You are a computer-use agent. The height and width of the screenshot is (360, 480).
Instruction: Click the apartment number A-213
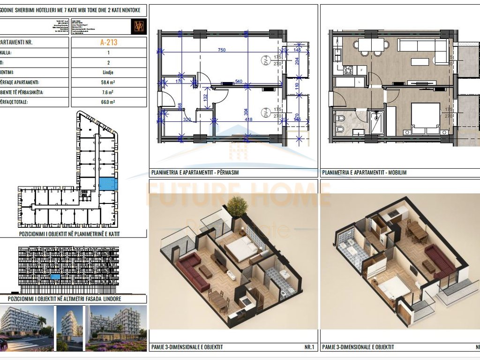point(108,42)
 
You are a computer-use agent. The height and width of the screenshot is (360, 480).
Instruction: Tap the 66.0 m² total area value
point(108,101)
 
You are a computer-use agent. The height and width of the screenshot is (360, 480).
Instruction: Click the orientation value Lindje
point(108,73)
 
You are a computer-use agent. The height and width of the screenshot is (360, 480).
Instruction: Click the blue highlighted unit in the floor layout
point(107,184)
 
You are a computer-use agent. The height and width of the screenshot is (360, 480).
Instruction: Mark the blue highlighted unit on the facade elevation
point(56,277)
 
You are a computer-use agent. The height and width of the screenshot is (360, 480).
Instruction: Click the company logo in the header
point(139,26)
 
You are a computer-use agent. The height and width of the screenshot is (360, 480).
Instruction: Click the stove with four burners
point(348,70)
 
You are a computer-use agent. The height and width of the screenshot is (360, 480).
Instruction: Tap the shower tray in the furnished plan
point(376,123)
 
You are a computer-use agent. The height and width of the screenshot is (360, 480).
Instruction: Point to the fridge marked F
point(362,70)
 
